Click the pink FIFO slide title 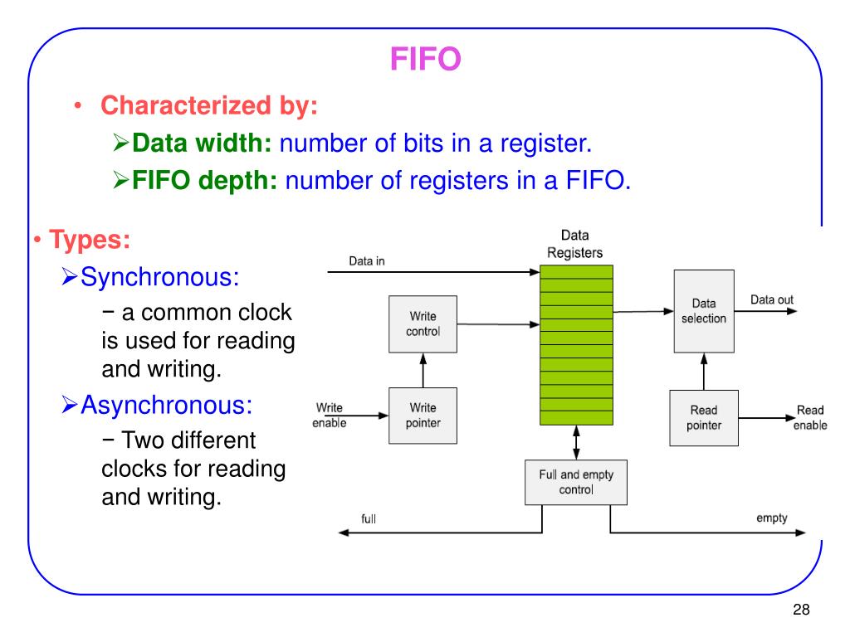click(x=425, y=60)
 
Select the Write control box click(x=423, y=323)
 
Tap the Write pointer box click(x=423, y=415)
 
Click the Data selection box click(x=704, y=311)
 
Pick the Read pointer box click(x=704, y=417)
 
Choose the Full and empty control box click(x=576, y=482)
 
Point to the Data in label click(x=366, y=261)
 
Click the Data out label click(x=771, y=299)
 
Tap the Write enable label click(x=329, y=416)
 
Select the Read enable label click(x=809, y=417)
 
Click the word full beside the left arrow click(x=369, y=519)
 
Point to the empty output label click(x=771, y=518)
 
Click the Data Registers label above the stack click(x=575, y=245)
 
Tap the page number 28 click(x=800, y=610)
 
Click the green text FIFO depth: click(x=205, y=180)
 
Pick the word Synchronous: click(x=160, y=276)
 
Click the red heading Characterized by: click(x=209, y=106)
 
